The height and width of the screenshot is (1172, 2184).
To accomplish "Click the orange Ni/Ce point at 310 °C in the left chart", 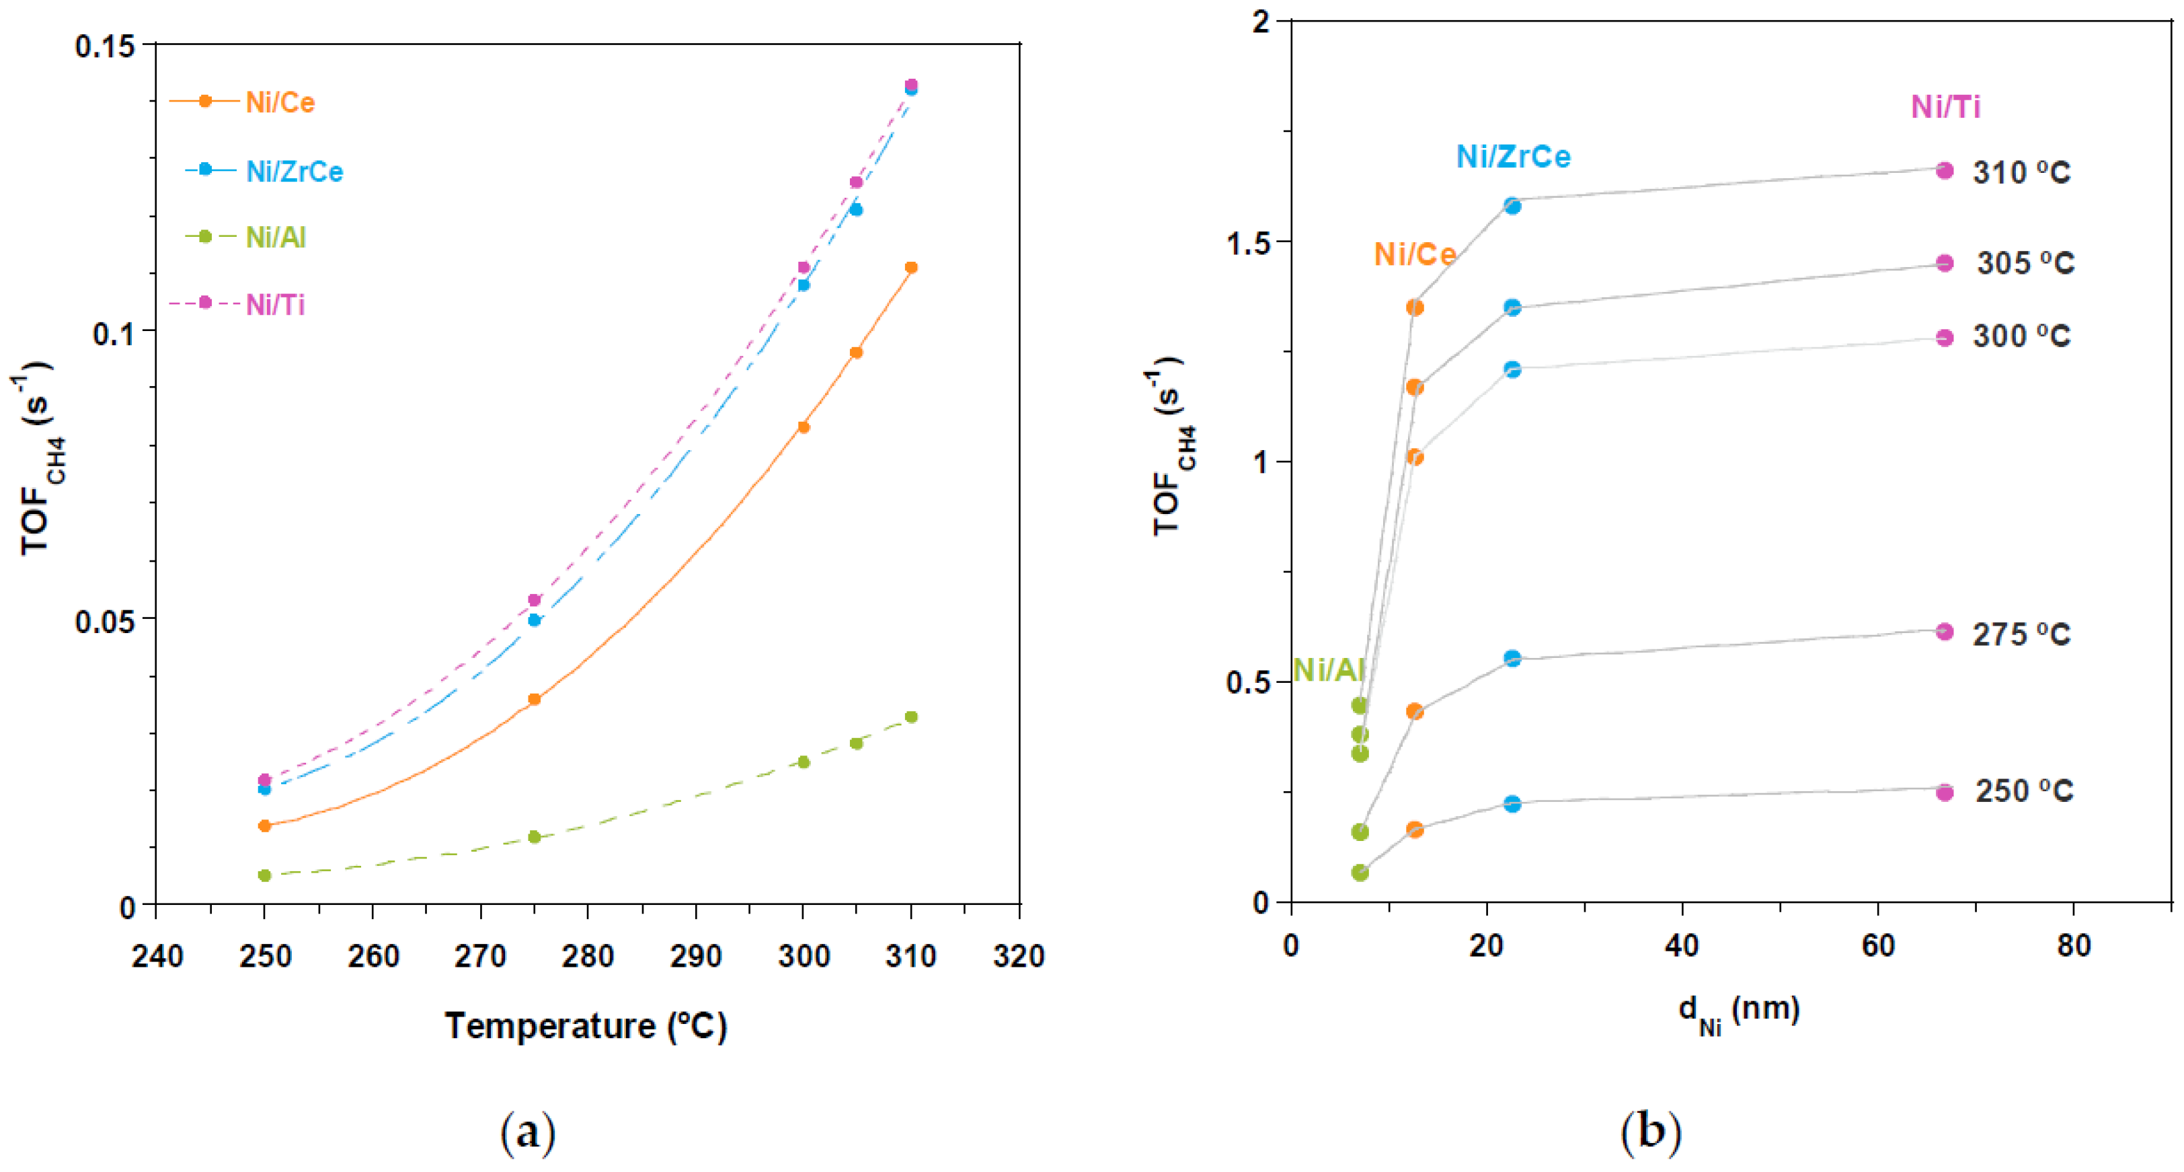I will point(911,268).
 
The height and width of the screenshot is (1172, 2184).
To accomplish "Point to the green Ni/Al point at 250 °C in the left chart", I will point(264,875).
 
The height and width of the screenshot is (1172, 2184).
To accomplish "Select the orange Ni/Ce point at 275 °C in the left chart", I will point(534,700).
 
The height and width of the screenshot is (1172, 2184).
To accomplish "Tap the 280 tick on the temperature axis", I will point(588,957).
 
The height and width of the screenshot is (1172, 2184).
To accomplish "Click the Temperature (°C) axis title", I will point(586,1026).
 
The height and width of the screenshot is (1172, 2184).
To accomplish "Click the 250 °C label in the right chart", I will point(2024,791).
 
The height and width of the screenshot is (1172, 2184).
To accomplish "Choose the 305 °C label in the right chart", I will point(2025,263).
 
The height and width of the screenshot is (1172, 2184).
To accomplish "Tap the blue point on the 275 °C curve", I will point(1512,659).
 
